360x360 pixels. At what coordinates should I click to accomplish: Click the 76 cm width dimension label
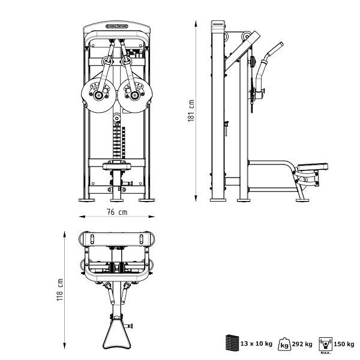117,212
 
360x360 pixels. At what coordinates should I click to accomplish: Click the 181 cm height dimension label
191,111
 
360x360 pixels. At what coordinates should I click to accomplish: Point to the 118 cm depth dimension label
60,290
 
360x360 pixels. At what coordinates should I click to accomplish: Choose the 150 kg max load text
343,344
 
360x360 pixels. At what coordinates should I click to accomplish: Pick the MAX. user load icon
324,344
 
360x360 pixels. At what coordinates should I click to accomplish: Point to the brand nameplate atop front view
117,26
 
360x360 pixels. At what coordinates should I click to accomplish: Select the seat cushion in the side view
312,166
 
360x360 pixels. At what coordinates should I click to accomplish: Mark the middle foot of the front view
117,199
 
